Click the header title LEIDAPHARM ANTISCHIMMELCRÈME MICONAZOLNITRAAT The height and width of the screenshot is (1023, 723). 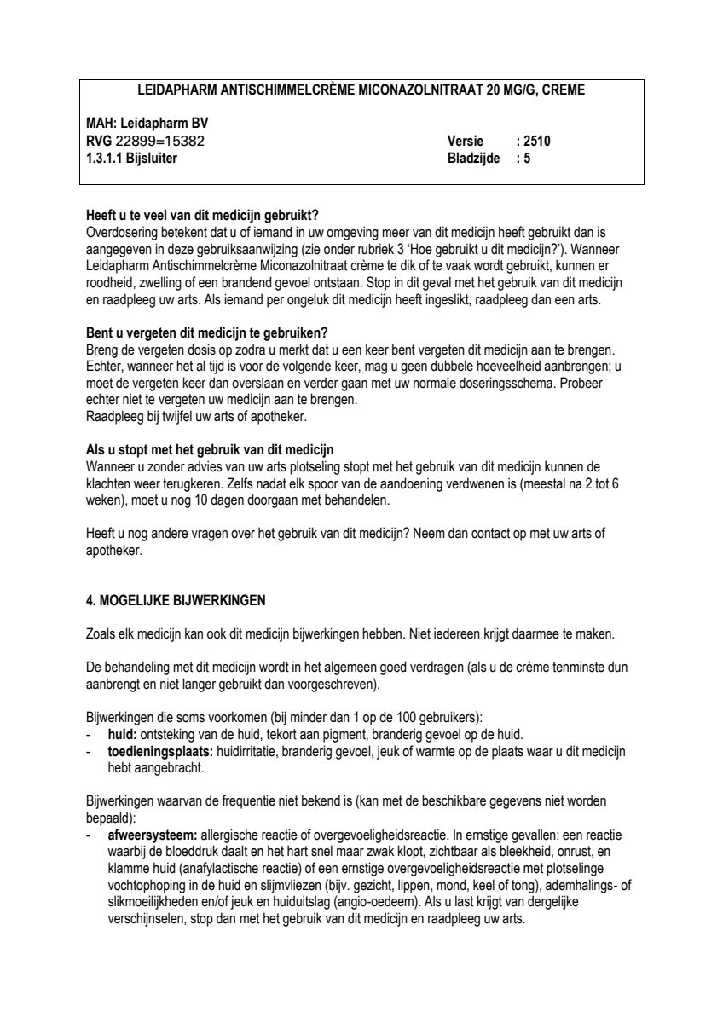point(361,90)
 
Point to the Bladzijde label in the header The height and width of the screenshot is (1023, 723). point(473,157)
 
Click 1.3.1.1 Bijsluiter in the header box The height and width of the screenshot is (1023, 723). point(132,157)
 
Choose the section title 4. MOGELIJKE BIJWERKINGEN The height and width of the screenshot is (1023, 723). point(176,600)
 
